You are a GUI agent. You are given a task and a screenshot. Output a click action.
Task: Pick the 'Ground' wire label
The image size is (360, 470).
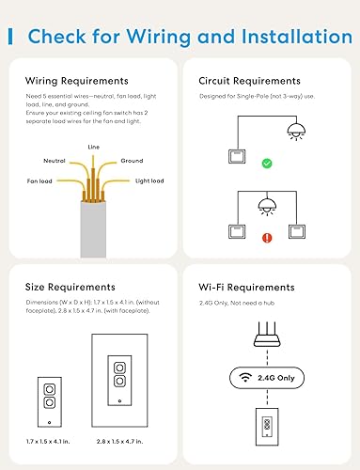132,161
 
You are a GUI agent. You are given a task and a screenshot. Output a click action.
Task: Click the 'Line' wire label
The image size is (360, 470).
93,148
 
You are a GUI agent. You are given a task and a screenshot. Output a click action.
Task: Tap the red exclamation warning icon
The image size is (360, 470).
266,238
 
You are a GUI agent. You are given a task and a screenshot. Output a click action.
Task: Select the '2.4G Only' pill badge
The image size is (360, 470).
266,379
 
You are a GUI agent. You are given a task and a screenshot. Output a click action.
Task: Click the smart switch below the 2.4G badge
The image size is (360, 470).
266,427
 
